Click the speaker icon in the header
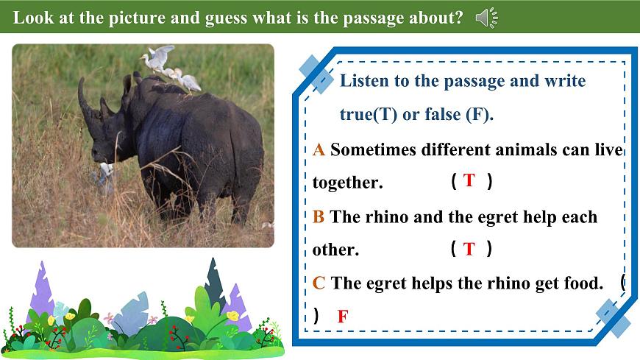pos(486,18)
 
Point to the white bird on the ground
pos(106,171)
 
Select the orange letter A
pos(319,149)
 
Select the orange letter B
pos(319,217)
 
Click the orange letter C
pos(319,283)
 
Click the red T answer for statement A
pos(469,180)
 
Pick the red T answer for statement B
pos(469,249)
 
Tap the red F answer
pos(342,317)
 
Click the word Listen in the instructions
pos(364,81)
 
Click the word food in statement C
pos(583,283)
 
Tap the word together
pos(347,183)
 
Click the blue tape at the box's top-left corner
pos(317,72)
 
